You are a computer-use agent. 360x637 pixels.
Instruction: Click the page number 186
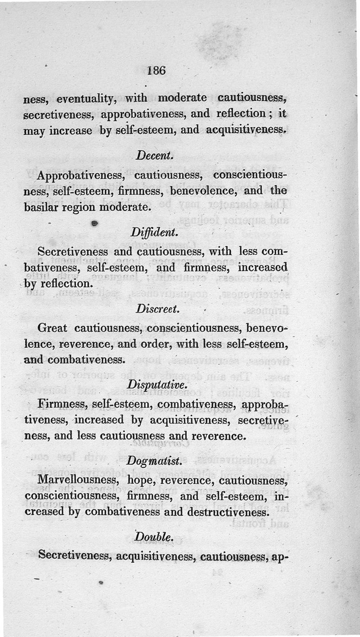point(157,71)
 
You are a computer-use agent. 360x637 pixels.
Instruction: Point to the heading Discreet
point(152,309)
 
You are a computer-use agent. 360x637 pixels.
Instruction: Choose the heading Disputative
point(154,385)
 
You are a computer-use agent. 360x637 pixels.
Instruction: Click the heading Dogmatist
point(154,461)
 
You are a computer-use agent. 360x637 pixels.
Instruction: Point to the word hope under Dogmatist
point(140,480)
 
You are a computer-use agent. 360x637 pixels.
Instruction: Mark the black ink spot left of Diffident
point(94,223)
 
